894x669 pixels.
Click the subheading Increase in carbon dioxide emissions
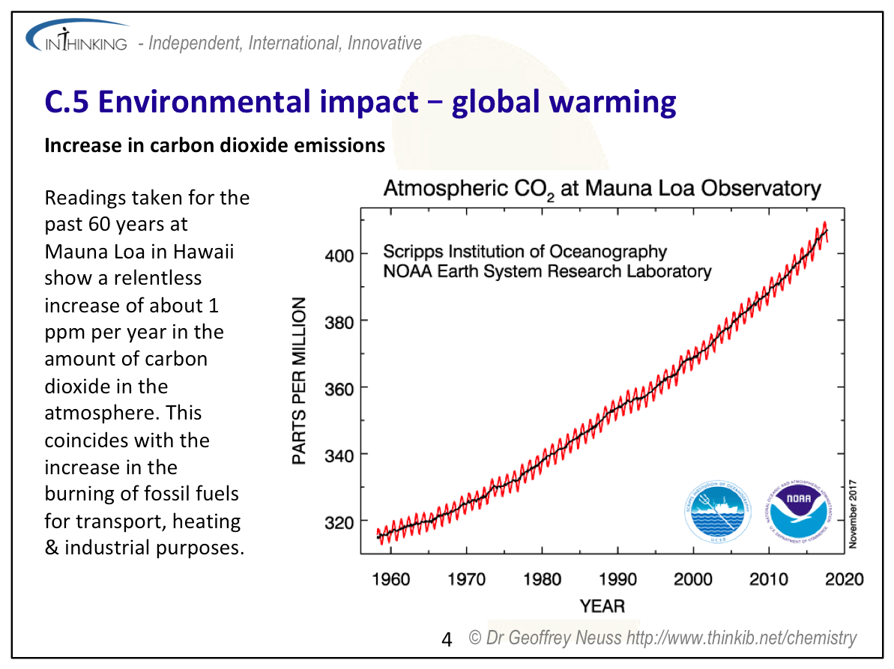pos(214,145)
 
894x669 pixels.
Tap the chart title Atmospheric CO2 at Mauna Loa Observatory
pos(602,189)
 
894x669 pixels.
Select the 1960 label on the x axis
pos(390,579)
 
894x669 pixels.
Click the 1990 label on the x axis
pos(617,579)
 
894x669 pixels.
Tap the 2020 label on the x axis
pos(844,579)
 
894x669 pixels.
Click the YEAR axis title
pos(602,605)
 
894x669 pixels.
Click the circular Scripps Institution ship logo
pos(719,512)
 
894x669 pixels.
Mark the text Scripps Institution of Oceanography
pos(525,251)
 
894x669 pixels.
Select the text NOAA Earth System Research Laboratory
pos(547,271)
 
